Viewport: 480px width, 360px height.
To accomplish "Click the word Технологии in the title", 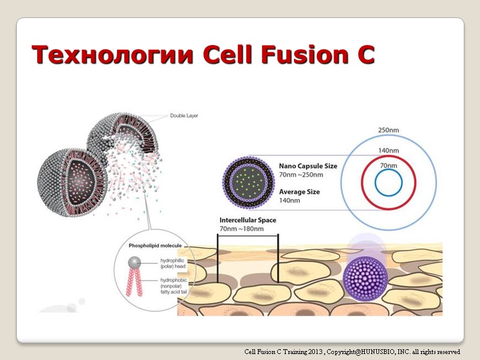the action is point(113,55).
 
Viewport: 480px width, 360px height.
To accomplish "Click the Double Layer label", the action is point(184,116).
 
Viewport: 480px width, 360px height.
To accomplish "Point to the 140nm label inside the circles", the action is point(389,151).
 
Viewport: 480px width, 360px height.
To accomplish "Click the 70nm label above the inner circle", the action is point(388,165).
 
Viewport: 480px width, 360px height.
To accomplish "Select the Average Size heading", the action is point(299,192).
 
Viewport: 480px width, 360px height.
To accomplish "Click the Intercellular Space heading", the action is point(248,220).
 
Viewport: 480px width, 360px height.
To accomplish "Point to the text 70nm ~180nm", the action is point(242,229).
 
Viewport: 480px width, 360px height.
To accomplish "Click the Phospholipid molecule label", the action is point(155,246).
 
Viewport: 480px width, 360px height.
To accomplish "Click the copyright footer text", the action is point(352,352).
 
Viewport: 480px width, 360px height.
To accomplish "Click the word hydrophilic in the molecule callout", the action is point(173,261).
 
